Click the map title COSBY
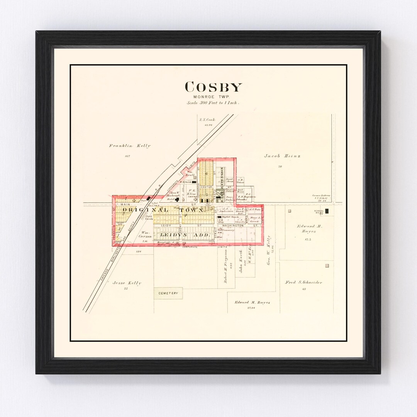click(x=213, y=87)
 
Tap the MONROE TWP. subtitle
click(x=213, y=97)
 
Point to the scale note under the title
click(x=213, y=103)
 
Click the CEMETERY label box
click(x=168, y=293)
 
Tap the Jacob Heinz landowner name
click(x=282, y=156)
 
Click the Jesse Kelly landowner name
click(x=127, y=283)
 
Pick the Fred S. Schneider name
click(x=304, y=282)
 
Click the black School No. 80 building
click(x=327, y=211)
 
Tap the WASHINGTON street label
click(x=232, y=225)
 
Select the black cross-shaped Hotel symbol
click(x=176, y=200)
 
